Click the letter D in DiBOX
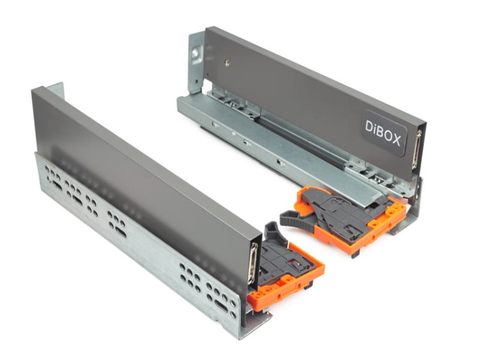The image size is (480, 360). click(x=370, y=127)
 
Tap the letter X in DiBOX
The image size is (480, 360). click(x=396, y=140)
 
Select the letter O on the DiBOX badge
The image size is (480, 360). click(x=387, y=136)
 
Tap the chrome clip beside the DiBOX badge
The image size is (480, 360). click(x=416, y=149)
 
